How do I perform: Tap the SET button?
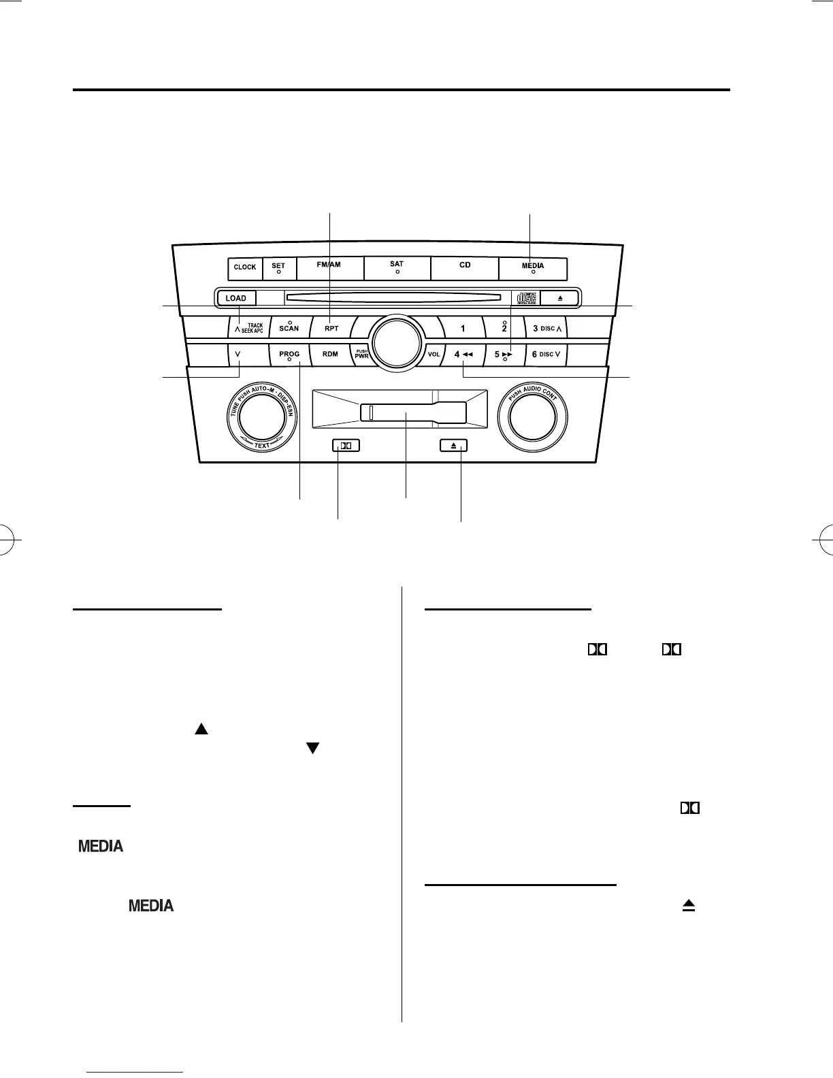tap(278, 268)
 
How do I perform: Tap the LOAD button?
tap(236, 298)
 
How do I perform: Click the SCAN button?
tap(289, 328)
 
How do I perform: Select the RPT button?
tap(331, 328)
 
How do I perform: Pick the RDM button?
tap(330, 354)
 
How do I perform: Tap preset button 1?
tap(463, 329)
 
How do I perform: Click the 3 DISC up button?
tap(547, 329)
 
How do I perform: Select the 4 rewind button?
tap(463, 354)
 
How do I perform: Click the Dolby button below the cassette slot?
tap(346, 446)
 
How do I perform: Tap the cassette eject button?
tap(453, 446)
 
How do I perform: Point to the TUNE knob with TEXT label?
tap(261, 417)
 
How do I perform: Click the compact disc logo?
tap(527, 298)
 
